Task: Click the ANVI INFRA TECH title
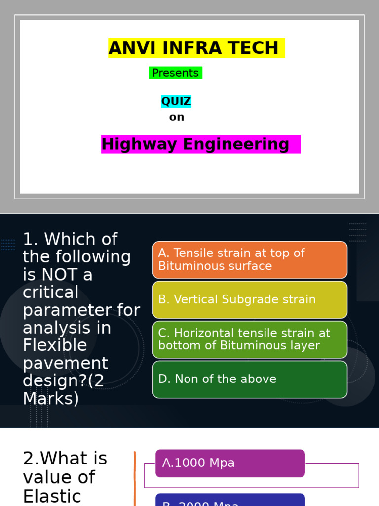(196, 48)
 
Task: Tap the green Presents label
(175, 73)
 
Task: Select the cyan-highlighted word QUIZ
(176, 102)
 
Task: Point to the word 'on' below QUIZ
(176, 117)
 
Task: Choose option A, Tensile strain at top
(250, 260)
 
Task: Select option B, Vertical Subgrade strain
(250, 299)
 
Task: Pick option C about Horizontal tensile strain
(250, 339)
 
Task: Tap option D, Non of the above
(250, 379)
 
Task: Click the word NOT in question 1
(60, 275)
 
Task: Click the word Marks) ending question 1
(51, 399)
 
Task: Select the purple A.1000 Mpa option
(230, 464)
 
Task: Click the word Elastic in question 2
(52, 496)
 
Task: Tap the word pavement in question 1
(65, 363)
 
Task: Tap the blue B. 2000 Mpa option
(230, 500)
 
